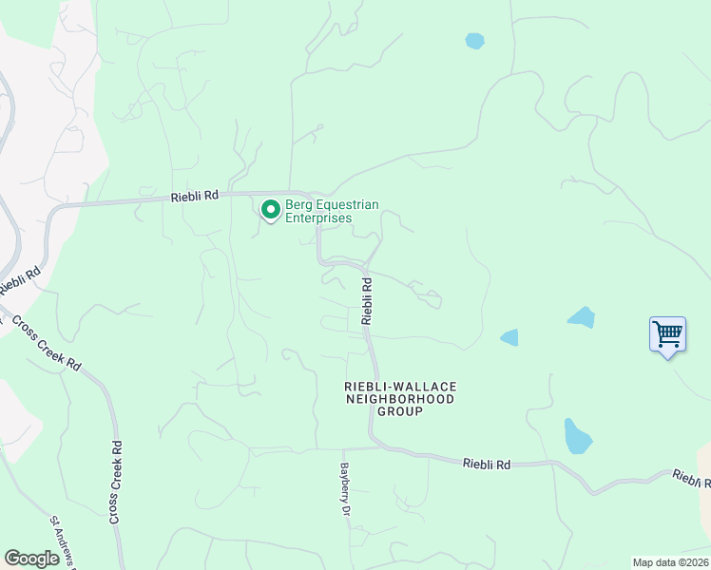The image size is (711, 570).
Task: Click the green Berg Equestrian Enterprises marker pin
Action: (270, 209)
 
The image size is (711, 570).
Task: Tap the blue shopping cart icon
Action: (667, 334)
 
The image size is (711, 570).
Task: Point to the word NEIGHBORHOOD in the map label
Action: (400, 399)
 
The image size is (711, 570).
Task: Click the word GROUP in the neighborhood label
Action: (400, 412)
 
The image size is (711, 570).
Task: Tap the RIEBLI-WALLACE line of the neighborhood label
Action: (400, 387)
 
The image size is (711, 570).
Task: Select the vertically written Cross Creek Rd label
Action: (115, 482)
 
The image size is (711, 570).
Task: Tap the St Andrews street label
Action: (64, 541)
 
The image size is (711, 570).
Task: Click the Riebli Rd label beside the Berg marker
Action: (195, 196)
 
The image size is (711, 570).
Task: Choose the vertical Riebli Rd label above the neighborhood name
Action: (367, 300)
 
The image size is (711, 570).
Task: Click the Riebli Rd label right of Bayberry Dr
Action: (487, 465)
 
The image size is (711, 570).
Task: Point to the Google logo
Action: (31, 559)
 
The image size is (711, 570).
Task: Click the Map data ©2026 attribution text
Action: (670, 562)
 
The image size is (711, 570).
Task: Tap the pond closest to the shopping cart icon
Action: (581, 317)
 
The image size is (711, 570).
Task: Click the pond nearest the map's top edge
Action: (474, 41)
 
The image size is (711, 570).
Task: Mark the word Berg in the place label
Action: (299, 204)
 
